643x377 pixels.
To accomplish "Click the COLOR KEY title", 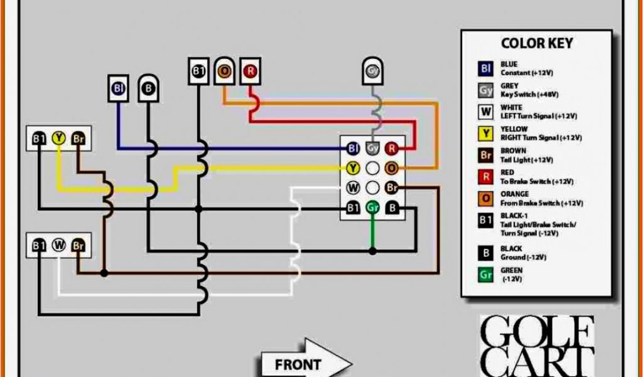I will point(537,43).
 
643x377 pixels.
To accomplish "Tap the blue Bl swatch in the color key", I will point(486,68).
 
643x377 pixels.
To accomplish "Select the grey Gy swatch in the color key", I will point(486,90).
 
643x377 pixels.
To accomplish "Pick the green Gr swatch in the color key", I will point(486,275).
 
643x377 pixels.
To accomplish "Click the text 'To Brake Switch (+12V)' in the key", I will point(537,182).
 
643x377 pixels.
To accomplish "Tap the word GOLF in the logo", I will point(537,332).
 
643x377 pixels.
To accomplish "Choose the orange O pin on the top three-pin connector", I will point(225,72).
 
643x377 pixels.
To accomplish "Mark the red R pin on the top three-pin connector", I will point(251,72).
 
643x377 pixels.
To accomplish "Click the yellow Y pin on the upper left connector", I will point(58,138).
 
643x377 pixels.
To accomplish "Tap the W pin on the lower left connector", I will point(58,245).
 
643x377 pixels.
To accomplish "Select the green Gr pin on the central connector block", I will point(372,207).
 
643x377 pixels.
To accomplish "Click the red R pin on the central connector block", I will point(392,148).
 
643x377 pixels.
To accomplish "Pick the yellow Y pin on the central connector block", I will point(353,168).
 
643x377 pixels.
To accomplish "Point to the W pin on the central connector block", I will point(353,187).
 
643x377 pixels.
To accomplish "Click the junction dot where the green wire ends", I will point(372,251).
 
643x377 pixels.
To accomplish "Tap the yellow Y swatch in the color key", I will point(486,133).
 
